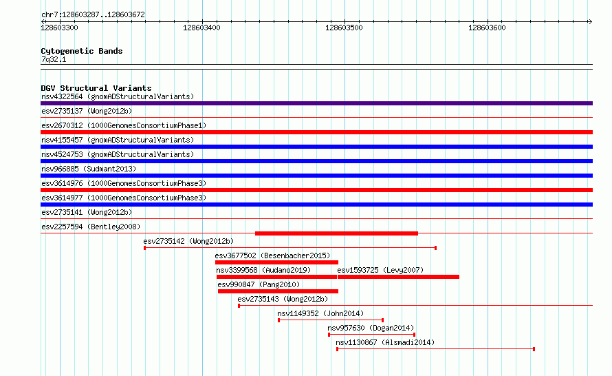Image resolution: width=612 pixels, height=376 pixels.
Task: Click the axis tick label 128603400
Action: point(201,28)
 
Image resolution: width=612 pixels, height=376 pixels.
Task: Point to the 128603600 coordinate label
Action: point(487,28)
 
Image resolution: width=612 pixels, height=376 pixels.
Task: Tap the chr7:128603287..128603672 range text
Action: point(93,15)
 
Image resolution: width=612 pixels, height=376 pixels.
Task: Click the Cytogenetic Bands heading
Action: point(82,51)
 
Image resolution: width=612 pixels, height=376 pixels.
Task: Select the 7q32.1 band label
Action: point(54,59)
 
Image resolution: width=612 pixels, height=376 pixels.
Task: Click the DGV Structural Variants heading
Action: point(96,88)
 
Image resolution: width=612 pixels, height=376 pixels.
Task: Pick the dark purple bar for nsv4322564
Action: point(316,103)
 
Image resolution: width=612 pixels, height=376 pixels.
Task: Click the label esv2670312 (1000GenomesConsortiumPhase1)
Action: point(124,125)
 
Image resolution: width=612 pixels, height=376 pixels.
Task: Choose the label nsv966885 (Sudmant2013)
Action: point(89,169)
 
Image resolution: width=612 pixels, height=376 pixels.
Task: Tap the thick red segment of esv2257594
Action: point(336,233)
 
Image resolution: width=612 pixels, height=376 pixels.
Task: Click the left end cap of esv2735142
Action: point(145,248)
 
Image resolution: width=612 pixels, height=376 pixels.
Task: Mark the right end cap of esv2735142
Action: point(435,248)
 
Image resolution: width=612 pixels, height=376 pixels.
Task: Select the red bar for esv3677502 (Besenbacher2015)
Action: point(276,262)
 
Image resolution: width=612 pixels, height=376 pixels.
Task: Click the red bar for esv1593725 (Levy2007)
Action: point(398,277)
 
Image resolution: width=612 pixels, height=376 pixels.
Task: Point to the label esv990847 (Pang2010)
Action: point(259,284)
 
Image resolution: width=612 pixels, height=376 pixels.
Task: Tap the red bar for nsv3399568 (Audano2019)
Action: point(276,277)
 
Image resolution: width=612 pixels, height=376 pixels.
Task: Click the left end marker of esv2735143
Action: point(239,306)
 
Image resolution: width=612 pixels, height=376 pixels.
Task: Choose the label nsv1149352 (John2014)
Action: point(320,313)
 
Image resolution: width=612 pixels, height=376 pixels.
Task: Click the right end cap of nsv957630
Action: point(414,335)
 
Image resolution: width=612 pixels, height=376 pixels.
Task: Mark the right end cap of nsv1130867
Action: point(534,349)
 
